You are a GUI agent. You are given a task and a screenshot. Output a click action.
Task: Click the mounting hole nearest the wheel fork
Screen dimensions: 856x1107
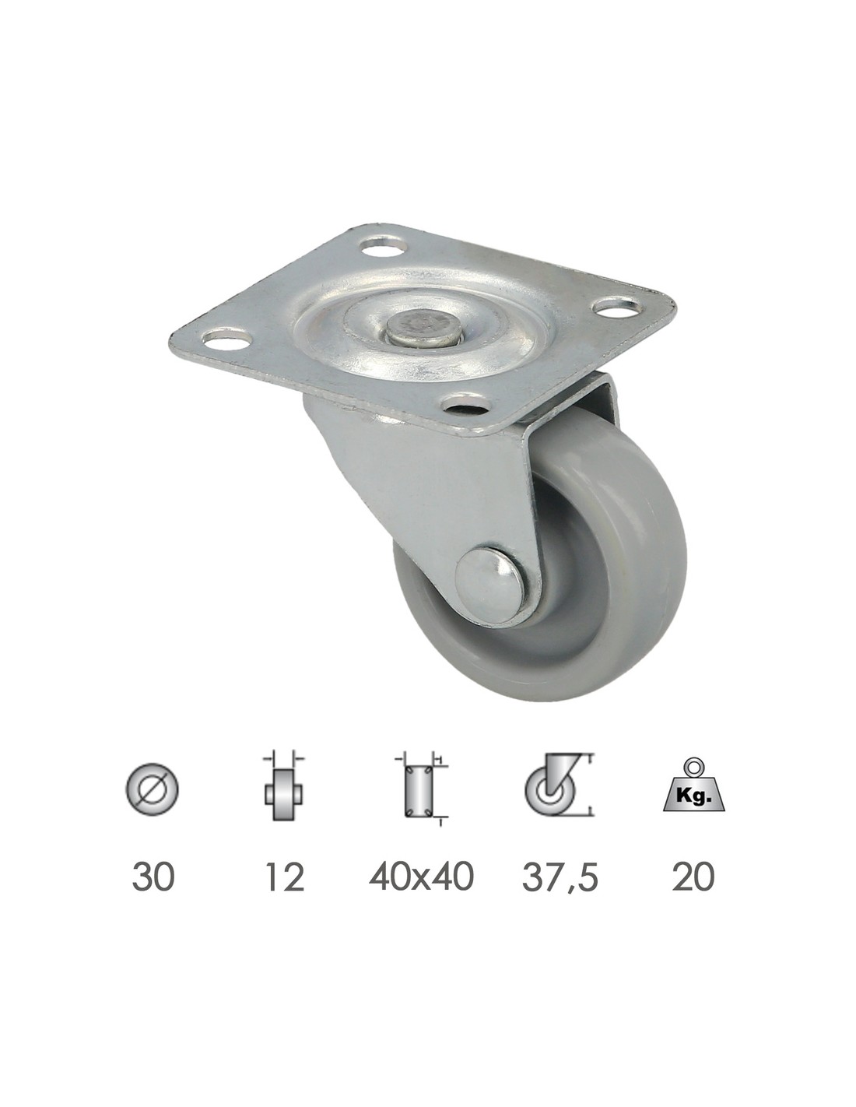click(463, 404)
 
